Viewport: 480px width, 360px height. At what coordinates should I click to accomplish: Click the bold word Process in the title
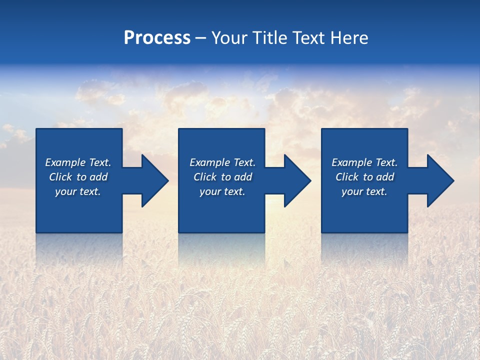pyautogui.click(x=157, y=38)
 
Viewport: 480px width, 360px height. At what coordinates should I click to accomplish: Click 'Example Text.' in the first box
pyautogui.click(x=78, y=162)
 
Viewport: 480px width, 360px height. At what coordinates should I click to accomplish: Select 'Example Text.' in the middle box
pyautogui.click(x=222, y=162)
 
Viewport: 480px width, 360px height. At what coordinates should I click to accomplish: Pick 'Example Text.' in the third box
pyautogui.click(x=364, y=162)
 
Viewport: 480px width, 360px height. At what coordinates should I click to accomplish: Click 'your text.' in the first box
pyautogui.click(x=78, y=191)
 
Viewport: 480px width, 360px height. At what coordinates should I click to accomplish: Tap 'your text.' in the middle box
pyautogui.click(x=222, y=191)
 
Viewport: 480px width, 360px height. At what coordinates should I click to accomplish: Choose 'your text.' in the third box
pyautogui.click(x=364, y=191)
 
